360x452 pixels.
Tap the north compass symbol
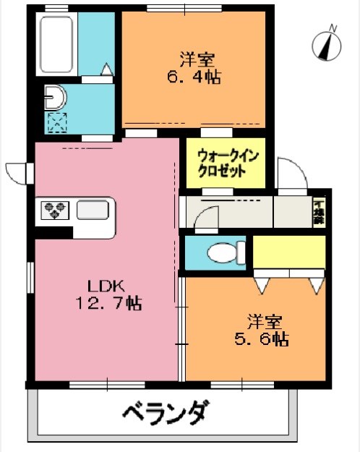point(327,45)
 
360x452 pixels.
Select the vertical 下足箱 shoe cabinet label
point(318,210)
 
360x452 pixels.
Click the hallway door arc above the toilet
point(207,217)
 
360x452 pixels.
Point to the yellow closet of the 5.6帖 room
point(288,252)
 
